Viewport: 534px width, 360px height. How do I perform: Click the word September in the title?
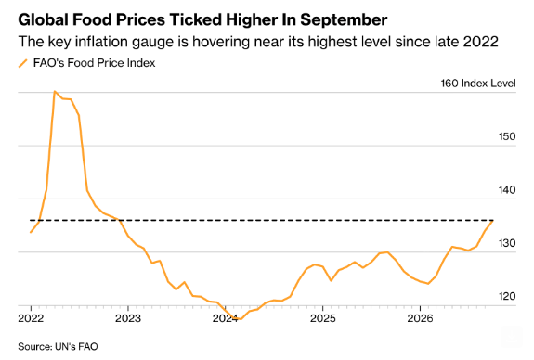(x=344, y=20)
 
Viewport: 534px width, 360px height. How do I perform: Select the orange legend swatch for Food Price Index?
(x=23, y=63)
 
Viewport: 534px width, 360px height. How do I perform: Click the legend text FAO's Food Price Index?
(x=94, y=63)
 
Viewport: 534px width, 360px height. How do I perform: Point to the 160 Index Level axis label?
(x=478, y=84)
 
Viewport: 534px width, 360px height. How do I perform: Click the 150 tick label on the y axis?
(x=507, y=136)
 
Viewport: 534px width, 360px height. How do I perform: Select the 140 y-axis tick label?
(x=507, y=190)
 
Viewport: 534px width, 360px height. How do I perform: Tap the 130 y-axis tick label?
(x=507, y=243)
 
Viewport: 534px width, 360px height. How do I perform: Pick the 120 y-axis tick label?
(x=507, y=296)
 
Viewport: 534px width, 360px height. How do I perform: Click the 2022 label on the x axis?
(x=31, y=318)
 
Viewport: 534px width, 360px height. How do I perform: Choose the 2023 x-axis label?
(x=128, y=318)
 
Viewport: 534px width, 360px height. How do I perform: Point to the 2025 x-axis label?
(x=323, y=318)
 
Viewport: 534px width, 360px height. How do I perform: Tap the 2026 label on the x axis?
(x=421, y=318)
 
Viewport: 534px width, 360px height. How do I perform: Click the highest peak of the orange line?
(x=55, y=91)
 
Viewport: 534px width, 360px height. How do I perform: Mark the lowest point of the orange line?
(x=241, y=319)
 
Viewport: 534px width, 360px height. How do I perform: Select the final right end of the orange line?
(x=493, y=221)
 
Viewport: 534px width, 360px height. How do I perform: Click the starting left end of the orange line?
(x=31, y=232)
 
